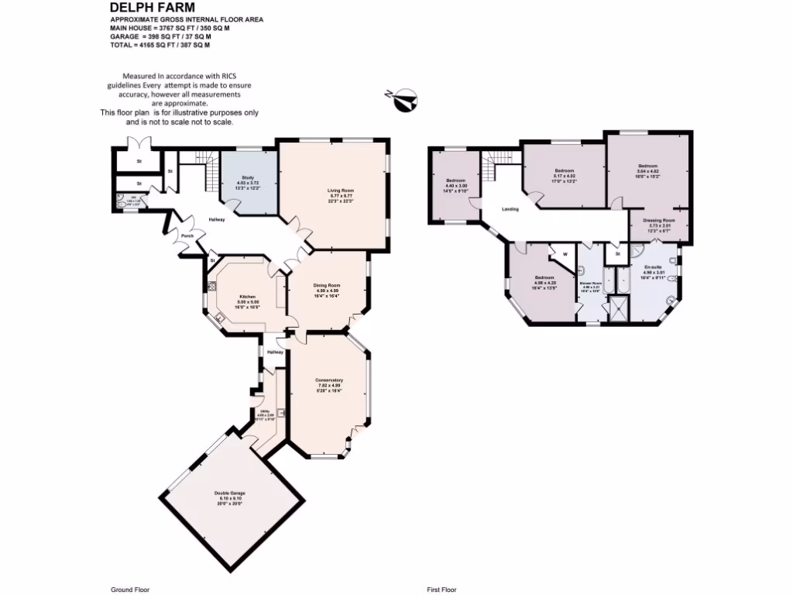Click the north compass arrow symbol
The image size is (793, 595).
coord(403,101)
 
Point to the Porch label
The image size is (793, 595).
coord(187,236)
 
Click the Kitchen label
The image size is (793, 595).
coord(248,297)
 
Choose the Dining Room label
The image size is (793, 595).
coord(326,285)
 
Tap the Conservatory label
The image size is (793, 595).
coord(328,380)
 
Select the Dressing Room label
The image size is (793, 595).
coord(659,220)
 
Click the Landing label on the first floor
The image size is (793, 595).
coord(510,208)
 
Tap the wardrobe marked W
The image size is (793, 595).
coord(565,254)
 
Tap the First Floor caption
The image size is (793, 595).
coord(442,590)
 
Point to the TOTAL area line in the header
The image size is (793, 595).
coord(160,46)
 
